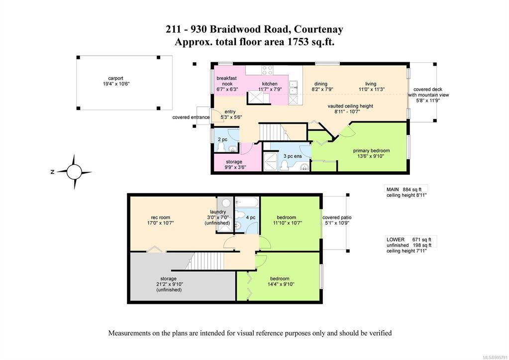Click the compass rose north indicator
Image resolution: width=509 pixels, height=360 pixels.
[x=52, y=172]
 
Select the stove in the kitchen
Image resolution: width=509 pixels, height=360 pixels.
[x=267, y=70]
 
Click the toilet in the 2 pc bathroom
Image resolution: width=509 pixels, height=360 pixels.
[x=221, y=147]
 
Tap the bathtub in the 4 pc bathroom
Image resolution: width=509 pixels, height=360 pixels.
[x=247, y=202]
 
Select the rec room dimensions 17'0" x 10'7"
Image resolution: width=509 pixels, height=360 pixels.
[x=160, y=223]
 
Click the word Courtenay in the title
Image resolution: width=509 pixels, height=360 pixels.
[x=318, y=29]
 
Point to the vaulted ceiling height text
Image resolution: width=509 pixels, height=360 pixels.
[x=350, y=106]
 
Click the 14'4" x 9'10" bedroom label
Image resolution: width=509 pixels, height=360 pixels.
[x=280, y=281]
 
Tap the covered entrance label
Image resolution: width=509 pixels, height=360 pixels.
[x=191, y=118]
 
